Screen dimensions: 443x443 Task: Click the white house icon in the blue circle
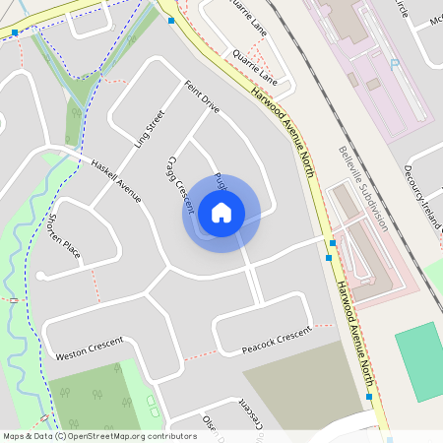click(221, 212)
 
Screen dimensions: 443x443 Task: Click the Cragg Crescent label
click(178, 183)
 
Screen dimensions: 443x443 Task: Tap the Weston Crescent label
click(90, 348)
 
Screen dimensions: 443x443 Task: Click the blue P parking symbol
click(394, 64)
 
